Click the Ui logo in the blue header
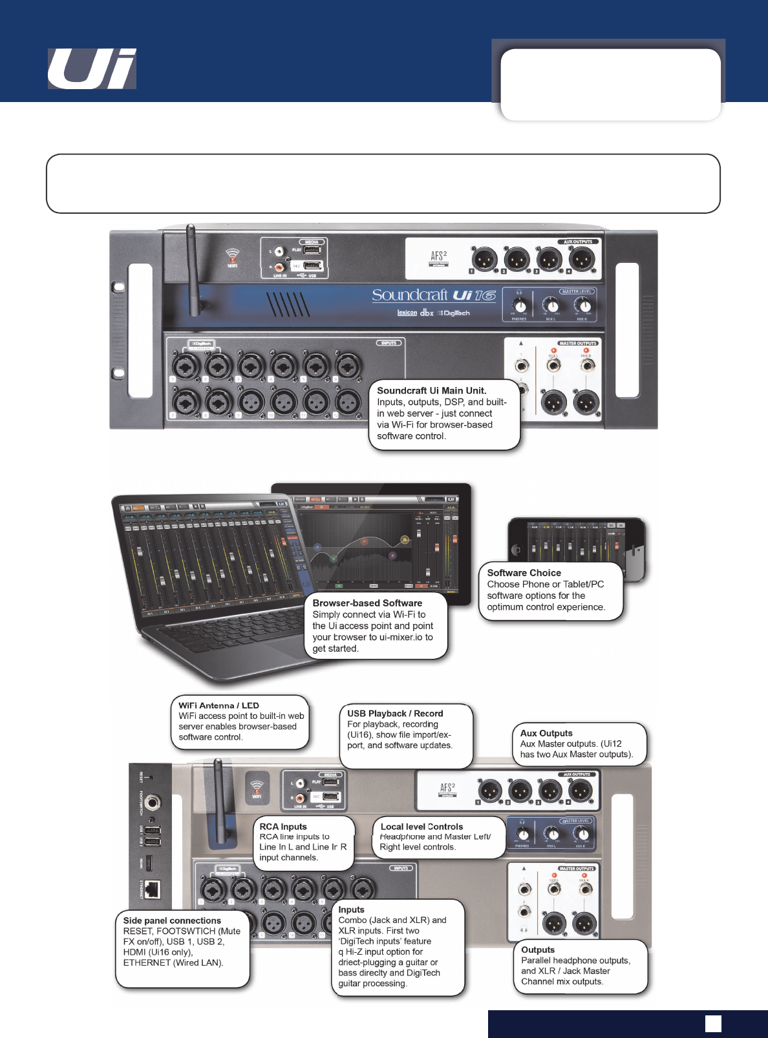pos(92,68)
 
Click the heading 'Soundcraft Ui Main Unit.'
pos(431,391)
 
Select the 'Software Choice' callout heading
pos(524,573)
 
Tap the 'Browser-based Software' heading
pos(367,603)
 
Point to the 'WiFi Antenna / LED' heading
pos(219,705)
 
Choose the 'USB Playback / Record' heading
pos(395,714)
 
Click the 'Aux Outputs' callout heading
pos(546,733)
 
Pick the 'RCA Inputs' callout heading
pos(283,827)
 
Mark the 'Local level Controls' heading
pos(421,827)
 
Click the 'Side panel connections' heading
pos(172,920)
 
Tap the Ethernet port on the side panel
pos(152,889)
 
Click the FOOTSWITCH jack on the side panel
pos(152,803)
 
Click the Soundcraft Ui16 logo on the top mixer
pos(433,295)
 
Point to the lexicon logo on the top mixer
pos(407,313)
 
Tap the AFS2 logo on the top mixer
pos(438,257)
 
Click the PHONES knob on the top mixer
pos(520,306)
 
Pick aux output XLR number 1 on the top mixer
pos(484,259)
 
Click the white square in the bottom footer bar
pos(713,1024)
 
